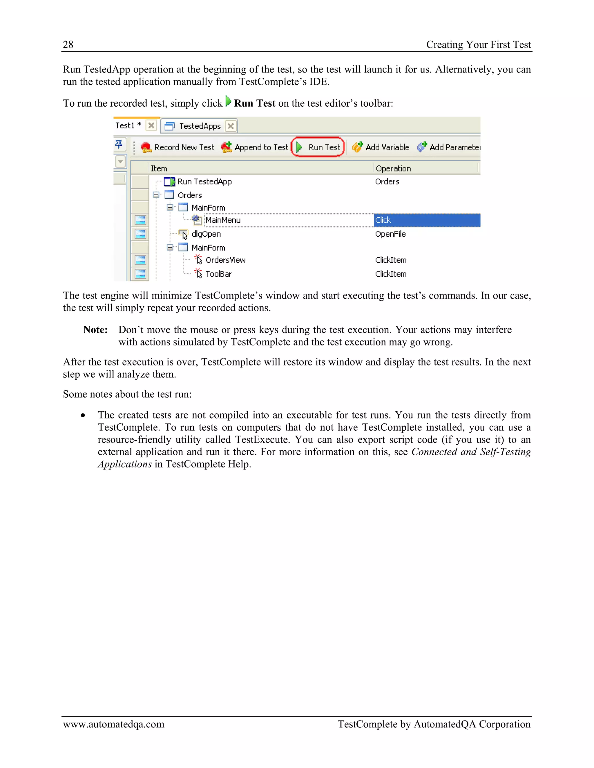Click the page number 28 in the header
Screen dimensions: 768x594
pos(68,45)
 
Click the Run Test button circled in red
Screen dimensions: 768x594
pos(318,147)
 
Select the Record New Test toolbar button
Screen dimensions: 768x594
pos(178,147)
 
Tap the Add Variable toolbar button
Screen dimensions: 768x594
pos(381,147)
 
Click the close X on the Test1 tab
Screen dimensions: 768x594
pos(151,125)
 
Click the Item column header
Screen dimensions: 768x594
pos(159,168)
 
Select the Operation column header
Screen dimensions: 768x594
pos(393,168)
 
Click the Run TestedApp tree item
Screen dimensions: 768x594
pos(204,182)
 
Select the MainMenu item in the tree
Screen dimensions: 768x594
pos(223,220)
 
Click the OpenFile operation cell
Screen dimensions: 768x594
pos(390,234)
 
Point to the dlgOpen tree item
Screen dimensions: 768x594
pos(206,234)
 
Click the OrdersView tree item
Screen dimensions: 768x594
pos(225,260)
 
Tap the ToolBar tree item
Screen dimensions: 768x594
pos(218,274)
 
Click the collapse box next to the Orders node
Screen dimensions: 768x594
pos(156,195)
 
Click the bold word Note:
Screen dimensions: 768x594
pos(95,330)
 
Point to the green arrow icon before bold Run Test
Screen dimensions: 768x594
pos(228,102)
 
